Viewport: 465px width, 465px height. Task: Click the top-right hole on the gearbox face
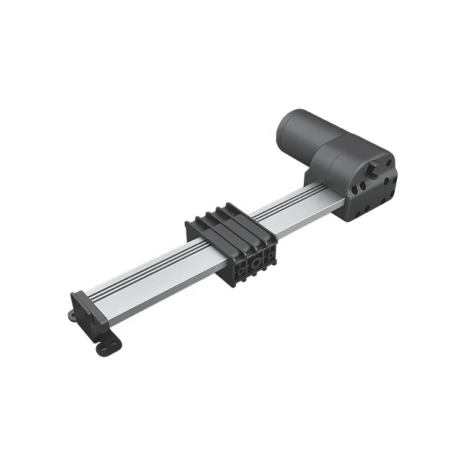pos(389,162)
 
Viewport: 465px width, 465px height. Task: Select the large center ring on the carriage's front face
pos(254,263)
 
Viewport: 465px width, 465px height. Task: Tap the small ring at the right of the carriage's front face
pos(271,254)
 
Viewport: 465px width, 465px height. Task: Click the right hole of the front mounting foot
pos(115,342)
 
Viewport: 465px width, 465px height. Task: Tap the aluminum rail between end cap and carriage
pos(143,285)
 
